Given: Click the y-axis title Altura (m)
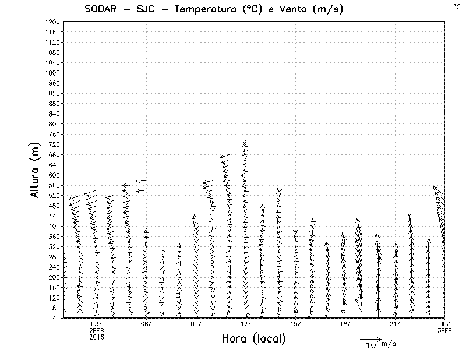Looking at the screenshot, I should pyautogui.click(x=36, y=169).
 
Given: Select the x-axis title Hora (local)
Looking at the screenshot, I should pyautogui.click(x=253, y=339).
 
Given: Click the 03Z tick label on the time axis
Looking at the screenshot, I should pyautogui.click(x=97, y=324).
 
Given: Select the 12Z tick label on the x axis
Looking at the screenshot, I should pyautogui.click(x=246, y=324).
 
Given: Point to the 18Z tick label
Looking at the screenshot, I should pyautogui.click(x=345, y=324).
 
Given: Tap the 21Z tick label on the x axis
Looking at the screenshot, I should pyautogui.click(x=395, y=324).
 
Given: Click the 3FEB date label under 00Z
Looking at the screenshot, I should pyautogui.click(x=444, y=330).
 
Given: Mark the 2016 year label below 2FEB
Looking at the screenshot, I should pyautogui.click(x=97, y=337).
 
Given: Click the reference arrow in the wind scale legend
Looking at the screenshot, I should pyautogui.click(x=370, y=338).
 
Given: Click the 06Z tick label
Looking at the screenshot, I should pyautogui.click(x=146, y=324).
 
